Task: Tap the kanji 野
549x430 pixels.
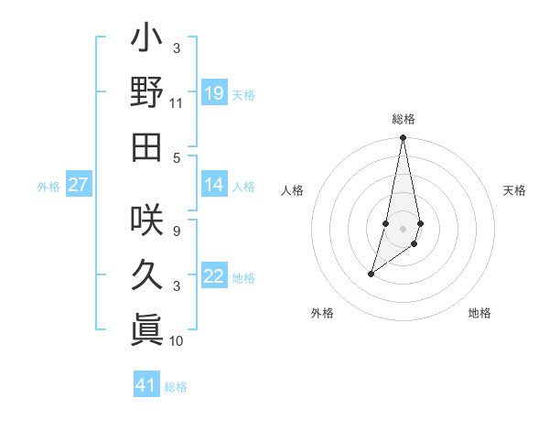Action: [x=146, y=92]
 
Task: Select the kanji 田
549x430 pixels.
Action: [x=146, y=146]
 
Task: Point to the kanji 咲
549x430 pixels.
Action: [x=146, y=220]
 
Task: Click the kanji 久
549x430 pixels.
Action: [x=146, y=274]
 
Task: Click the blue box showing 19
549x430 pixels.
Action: [x=214, y=93]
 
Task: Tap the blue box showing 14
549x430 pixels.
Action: [x=214, y=186]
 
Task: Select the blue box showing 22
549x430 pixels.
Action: [x=214, y=277]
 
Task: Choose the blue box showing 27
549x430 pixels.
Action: [x=79, y=186]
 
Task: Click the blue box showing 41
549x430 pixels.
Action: [x=146, y=385]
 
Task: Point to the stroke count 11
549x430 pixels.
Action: [x=177, y=104]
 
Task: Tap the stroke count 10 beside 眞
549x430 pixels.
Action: [x=177, y=341]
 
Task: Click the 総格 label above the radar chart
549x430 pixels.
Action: [x=403, y=119]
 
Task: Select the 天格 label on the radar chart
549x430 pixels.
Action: [x=515, y=190]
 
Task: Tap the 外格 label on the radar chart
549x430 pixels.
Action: [x=322, y=313]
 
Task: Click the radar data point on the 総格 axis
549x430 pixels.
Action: [x=403, y=137]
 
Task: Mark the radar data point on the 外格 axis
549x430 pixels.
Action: [x=371, y=274]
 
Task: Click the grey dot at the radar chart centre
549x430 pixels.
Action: [x=403, y=228]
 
